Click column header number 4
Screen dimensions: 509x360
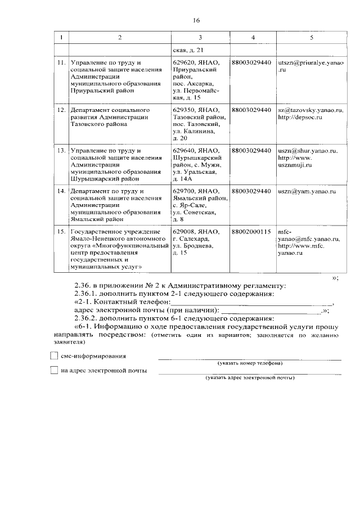coord(253,37)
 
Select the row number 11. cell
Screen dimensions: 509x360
coord(61,61)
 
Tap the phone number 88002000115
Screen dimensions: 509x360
coord(251,231)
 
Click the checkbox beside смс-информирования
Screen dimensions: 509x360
coord(54,355)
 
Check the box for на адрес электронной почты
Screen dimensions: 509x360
coord(54,371)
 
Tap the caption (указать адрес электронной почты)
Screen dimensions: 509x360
coord(250,377)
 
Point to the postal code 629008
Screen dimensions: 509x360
coord(184,231)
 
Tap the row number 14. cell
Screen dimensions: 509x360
coord(61,191)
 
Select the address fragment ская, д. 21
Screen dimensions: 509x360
coord(188,49)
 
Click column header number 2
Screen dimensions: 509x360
coord(119,37)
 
